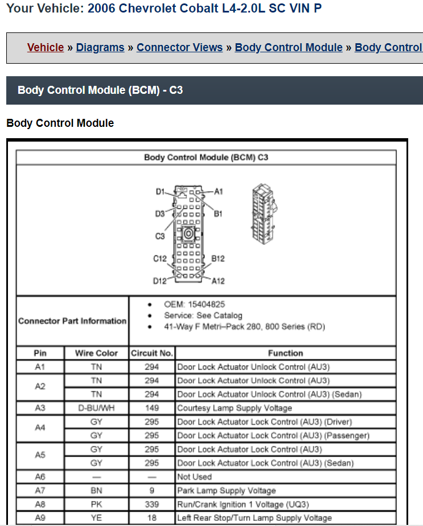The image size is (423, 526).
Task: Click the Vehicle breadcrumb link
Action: click(46, 48)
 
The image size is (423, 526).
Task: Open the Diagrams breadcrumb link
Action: click(100, 48)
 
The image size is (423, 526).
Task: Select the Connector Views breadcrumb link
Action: click(179, 48)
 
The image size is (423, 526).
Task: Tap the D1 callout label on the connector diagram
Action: click(160, 192)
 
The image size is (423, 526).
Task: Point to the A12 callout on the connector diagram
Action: click(218, 281)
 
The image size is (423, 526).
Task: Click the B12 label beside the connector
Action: click(217, 259)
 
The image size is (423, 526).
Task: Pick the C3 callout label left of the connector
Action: click(160, 236)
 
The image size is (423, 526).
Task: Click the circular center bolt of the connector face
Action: click(188, 234)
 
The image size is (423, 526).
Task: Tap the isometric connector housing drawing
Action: click(264, 214)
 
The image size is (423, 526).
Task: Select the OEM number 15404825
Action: click(207, 304)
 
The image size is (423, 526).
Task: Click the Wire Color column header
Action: click(96, 353)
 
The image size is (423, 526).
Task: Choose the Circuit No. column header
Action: click(152, 353)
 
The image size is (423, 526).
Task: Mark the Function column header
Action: click(286, 353)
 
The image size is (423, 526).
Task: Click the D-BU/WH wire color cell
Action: click(96, 408)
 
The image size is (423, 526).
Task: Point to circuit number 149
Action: click(152, 408)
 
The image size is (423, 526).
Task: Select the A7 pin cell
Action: click(40, 490)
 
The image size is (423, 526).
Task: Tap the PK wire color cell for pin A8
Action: click(96, 504)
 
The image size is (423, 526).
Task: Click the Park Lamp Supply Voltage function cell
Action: click(227, 490)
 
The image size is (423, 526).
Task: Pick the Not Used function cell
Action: click(195, 477)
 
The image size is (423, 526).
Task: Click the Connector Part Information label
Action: click(72, 321)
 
